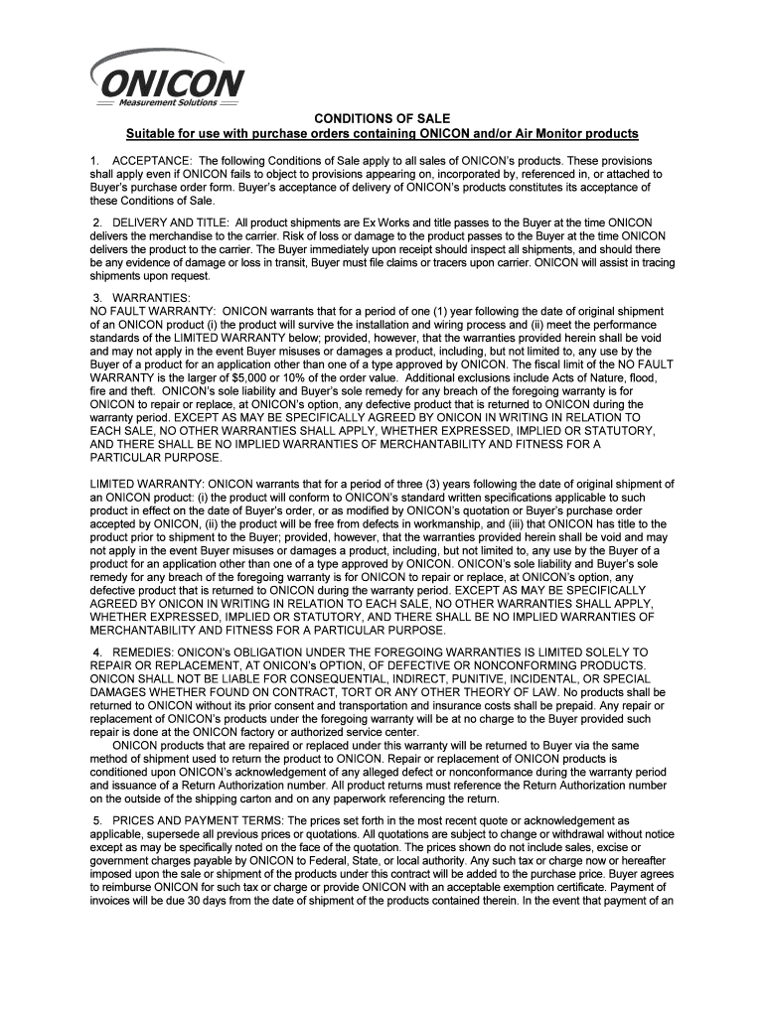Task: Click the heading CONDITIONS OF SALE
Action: point(382,118)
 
